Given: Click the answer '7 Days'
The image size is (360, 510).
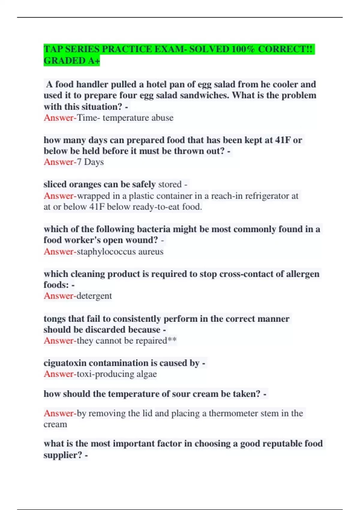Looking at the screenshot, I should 90,162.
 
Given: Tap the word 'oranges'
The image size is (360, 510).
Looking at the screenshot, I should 85,184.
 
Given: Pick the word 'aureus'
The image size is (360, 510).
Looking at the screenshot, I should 151,251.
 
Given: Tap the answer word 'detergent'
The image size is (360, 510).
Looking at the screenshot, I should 94,296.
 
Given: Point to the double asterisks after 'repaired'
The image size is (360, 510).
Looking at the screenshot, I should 172,340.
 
